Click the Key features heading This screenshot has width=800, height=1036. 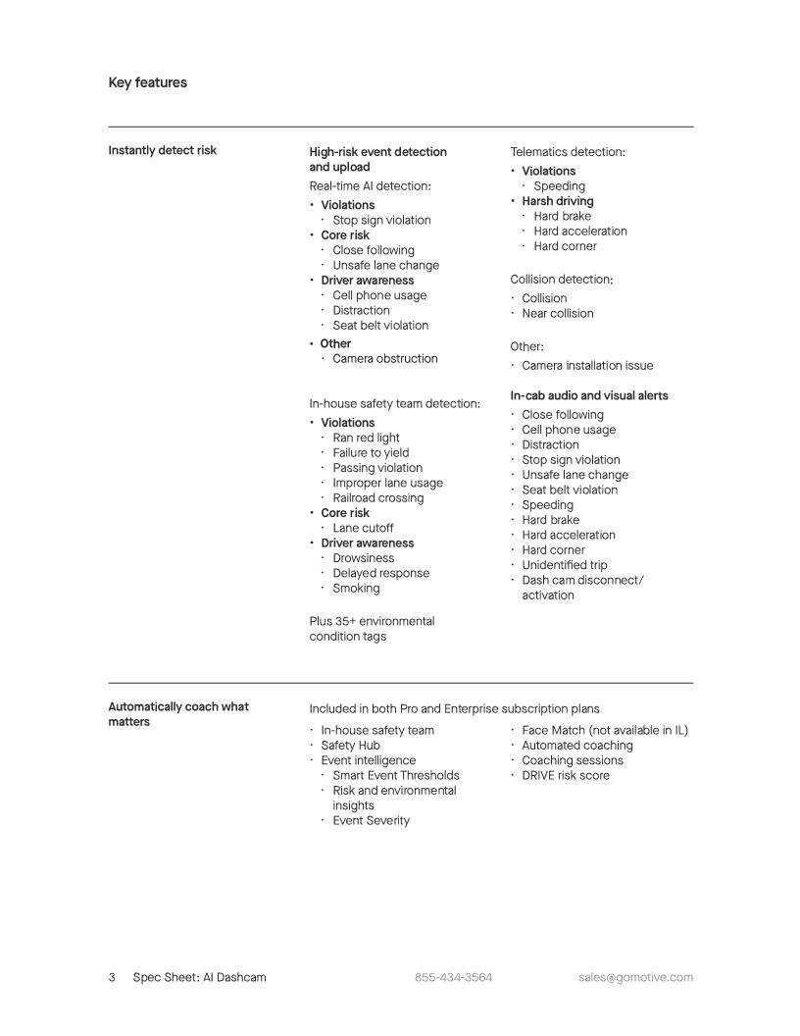[x=147, y=82]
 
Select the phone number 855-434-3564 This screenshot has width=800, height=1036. [x=453, y=977]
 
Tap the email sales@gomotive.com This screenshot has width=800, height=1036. [x=635, y=977]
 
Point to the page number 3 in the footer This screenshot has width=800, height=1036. [x=112, y=977]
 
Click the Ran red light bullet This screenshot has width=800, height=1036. [x=366, y=438]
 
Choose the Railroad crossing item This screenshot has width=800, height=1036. [x=377, y=497]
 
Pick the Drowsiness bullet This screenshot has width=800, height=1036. [x=363, y=558]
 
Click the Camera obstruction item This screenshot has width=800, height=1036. [x=384, y=358]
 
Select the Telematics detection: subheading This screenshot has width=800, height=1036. [x=568, y=152]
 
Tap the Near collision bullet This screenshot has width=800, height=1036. [x=557, y=313]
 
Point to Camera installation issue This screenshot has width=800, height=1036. [x=586, y=365]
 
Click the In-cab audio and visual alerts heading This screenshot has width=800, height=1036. [x=589, y=395]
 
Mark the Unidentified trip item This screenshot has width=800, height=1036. [x=564, y=565]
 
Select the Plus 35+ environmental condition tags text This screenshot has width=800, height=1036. [x=372, y=629]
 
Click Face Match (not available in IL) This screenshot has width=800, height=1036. [x=604, y=730]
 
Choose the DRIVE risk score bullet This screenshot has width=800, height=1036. [x=565, y=775]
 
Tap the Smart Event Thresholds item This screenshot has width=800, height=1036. [x=395, y=775]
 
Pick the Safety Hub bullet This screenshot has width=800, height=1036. [x=350, y=745]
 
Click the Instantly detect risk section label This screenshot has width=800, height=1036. [x=162, y=150]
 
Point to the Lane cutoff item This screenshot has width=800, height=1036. [x=363, y=528]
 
